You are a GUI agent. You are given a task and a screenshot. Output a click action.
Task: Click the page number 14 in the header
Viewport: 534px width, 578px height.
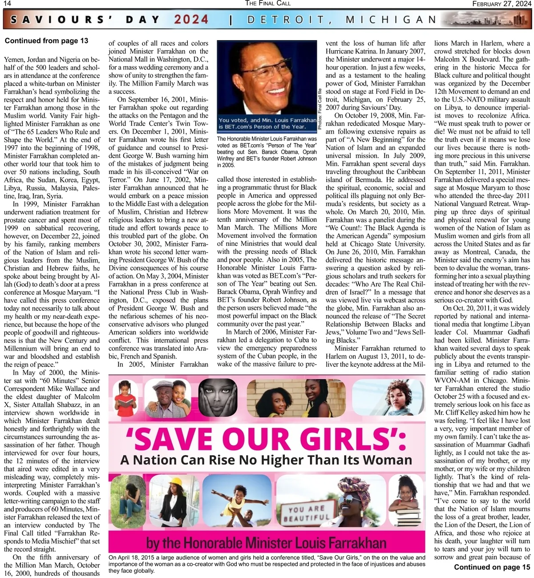coord(7,4)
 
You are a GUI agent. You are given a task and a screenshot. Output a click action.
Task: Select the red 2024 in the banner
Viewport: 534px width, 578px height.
coord(191,20)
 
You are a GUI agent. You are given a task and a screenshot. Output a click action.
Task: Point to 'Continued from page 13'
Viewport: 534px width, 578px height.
coord(46,41)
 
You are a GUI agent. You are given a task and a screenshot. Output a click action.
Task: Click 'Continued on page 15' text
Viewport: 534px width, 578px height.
coord(492,567)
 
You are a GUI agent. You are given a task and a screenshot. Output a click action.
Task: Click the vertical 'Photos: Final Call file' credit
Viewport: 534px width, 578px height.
coord(320,110)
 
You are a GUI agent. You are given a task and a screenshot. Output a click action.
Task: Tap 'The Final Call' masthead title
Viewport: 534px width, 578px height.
coord(267,4)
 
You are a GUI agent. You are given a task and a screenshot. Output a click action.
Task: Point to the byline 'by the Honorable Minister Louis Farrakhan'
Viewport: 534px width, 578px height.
coord(266,543)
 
